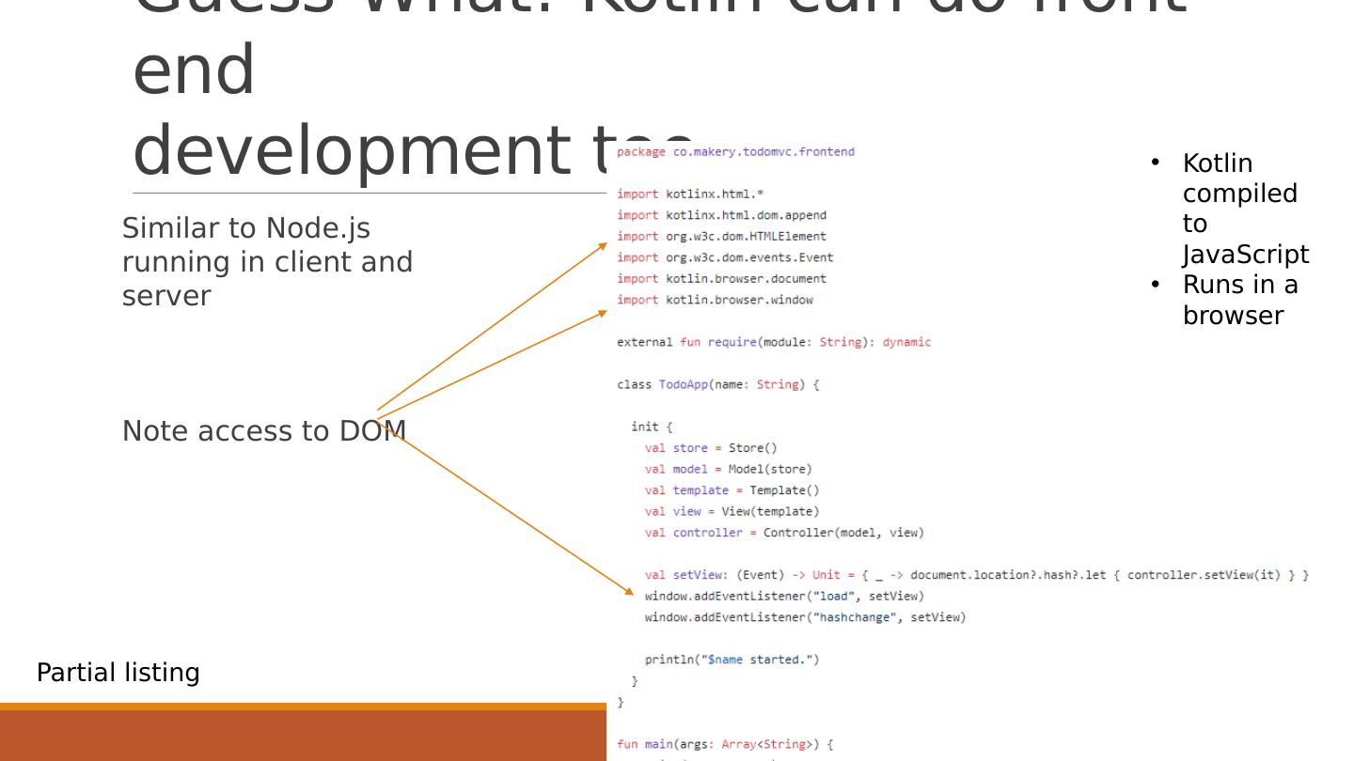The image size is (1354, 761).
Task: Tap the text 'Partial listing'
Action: (x=118, y=673)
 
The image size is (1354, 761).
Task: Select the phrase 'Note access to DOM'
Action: (x=264, y=431)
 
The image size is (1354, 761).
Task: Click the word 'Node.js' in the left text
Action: (x=318, y=228)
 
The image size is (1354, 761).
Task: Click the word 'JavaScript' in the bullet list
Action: (x=1245, y=255)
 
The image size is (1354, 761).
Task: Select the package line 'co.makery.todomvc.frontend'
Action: (x=764, y=151)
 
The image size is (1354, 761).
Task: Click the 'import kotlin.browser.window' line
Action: (x=715, y=300)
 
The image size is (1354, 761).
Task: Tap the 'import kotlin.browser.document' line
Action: (x=721, y=279)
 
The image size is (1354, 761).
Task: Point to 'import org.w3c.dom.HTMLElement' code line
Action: (x=721, y=237)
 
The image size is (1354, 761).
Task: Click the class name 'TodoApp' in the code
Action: (x=684, y=384)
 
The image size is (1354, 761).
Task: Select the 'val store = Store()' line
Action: (x=711, y=448)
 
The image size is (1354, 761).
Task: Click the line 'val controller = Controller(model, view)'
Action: (x=784, y=533)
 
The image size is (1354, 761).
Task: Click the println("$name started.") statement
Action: (x=732, y=660)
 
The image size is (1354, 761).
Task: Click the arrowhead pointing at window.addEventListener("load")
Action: (x=630, y=591)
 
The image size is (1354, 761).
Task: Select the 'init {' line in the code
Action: (x=652, y=427)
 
